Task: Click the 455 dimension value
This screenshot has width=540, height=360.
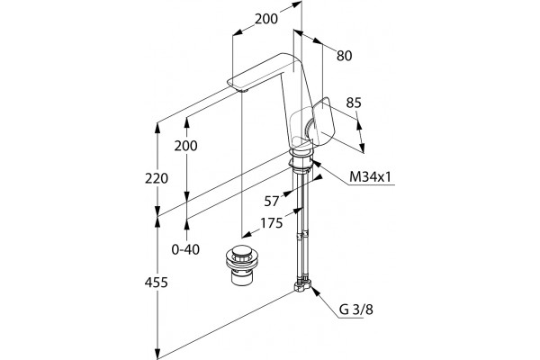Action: [x=156, y=283]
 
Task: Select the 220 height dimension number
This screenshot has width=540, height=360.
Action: [x=157, y=178]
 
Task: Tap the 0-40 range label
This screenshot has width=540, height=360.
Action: [x=185, y=249]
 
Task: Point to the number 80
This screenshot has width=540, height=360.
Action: [x=345, y=56]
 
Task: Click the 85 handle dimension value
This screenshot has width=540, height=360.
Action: [x=354, y=103]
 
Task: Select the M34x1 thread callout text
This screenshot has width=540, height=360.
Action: [x=371, y=177]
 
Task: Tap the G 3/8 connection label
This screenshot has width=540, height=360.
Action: [x=356, y=310]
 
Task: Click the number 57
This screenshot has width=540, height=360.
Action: [x=272, y=202]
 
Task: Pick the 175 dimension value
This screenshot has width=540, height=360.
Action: [x=272, y=223]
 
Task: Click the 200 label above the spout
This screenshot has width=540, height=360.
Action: [x=266, y=19]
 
